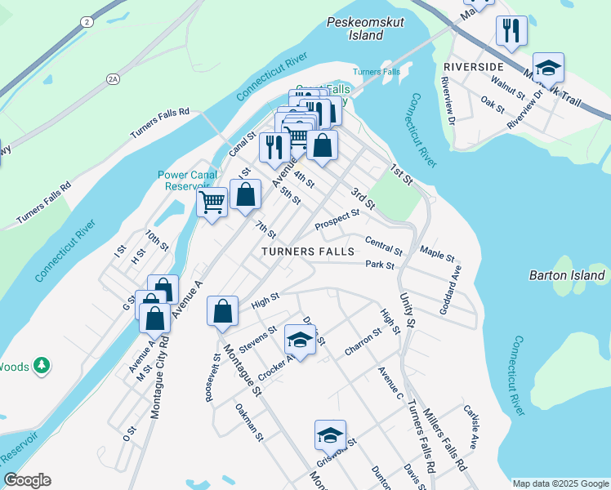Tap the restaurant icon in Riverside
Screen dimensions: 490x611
point(511,31)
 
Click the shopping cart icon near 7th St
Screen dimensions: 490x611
point(212,200)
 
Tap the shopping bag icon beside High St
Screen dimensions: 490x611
point(222,311)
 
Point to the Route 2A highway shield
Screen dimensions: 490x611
point(114,78)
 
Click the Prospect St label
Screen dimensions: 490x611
point(337,219)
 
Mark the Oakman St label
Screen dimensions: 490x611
point(249,422)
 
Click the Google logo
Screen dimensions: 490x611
point(27,480)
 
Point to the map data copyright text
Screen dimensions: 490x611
point(560,483)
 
